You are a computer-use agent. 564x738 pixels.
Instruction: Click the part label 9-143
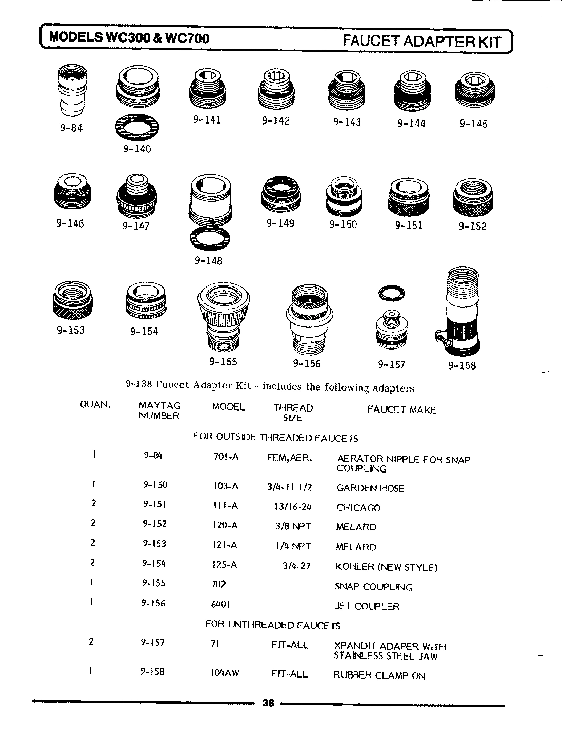(x=347, y=122)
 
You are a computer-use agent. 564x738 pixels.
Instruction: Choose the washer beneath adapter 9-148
(x=209, y=238)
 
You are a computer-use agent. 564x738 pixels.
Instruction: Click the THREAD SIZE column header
(x=293, y=413)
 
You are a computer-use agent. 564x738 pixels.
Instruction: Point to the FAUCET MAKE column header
(x=401, y=410)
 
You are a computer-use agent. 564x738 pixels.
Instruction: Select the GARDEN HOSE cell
(x=370, y=488)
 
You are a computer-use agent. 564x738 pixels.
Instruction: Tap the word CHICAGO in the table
(x=358, y=508)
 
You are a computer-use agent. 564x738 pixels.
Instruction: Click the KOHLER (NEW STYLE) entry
(x=386, y=567)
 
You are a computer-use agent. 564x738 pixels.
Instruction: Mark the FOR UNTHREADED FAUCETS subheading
(x=272, y=625)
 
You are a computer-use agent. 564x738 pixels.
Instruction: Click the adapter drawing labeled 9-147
(x=136, y=196)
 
